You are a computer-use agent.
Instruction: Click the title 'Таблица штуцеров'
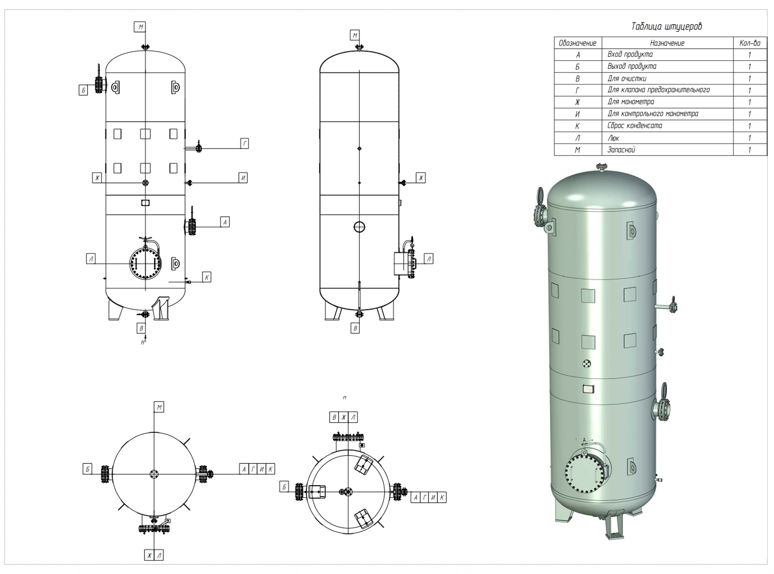[666, 26]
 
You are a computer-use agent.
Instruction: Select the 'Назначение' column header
[667, 43]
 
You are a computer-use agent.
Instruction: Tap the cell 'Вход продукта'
[630, 54]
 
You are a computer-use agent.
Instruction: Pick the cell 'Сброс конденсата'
[635, 126]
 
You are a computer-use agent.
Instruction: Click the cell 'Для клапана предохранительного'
[658, 90]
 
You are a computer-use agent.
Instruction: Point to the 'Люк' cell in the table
[613, 138]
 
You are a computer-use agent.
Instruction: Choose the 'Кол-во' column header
[750, 43]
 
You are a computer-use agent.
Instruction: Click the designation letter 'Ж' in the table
[577, 102]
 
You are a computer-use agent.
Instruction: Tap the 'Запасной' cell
[621, 150]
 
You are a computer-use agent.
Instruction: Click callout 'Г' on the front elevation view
[245, 143]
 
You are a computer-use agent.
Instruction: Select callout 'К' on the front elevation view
[207, 277]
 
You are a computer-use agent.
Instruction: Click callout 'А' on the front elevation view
[225, 222]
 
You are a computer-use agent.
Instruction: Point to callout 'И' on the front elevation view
[243, 178]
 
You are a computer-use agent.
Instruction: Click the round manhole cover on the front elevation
[146, 264]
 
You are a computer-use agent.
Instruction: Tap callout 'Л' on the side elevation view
[429, 259]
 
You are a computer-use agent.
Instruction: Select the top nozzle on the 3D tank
[601, 167]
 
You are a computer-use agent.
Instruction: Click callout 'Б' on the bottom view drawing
[284, 487]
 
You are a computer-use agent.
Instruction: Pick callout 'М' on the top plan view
[159, 408]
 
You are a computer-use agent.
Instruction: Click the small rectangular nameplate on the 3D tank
[588, 389]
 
